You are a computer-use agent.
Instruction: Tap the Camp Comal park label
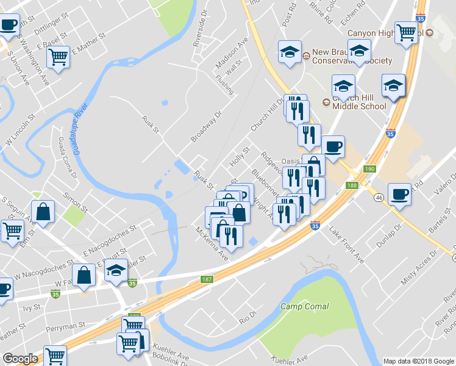click(x=304, y=306)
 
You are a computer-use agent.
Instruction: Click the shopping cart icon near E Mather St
click(x=58, y=57)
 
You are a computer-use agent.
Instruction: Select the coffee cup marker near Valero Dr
click(x=399, y=193)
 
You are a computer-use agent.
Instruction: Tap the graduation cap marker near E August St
click(x=116, y=270)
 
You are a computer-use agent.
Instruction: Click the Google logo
click(x=20, y=359)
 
